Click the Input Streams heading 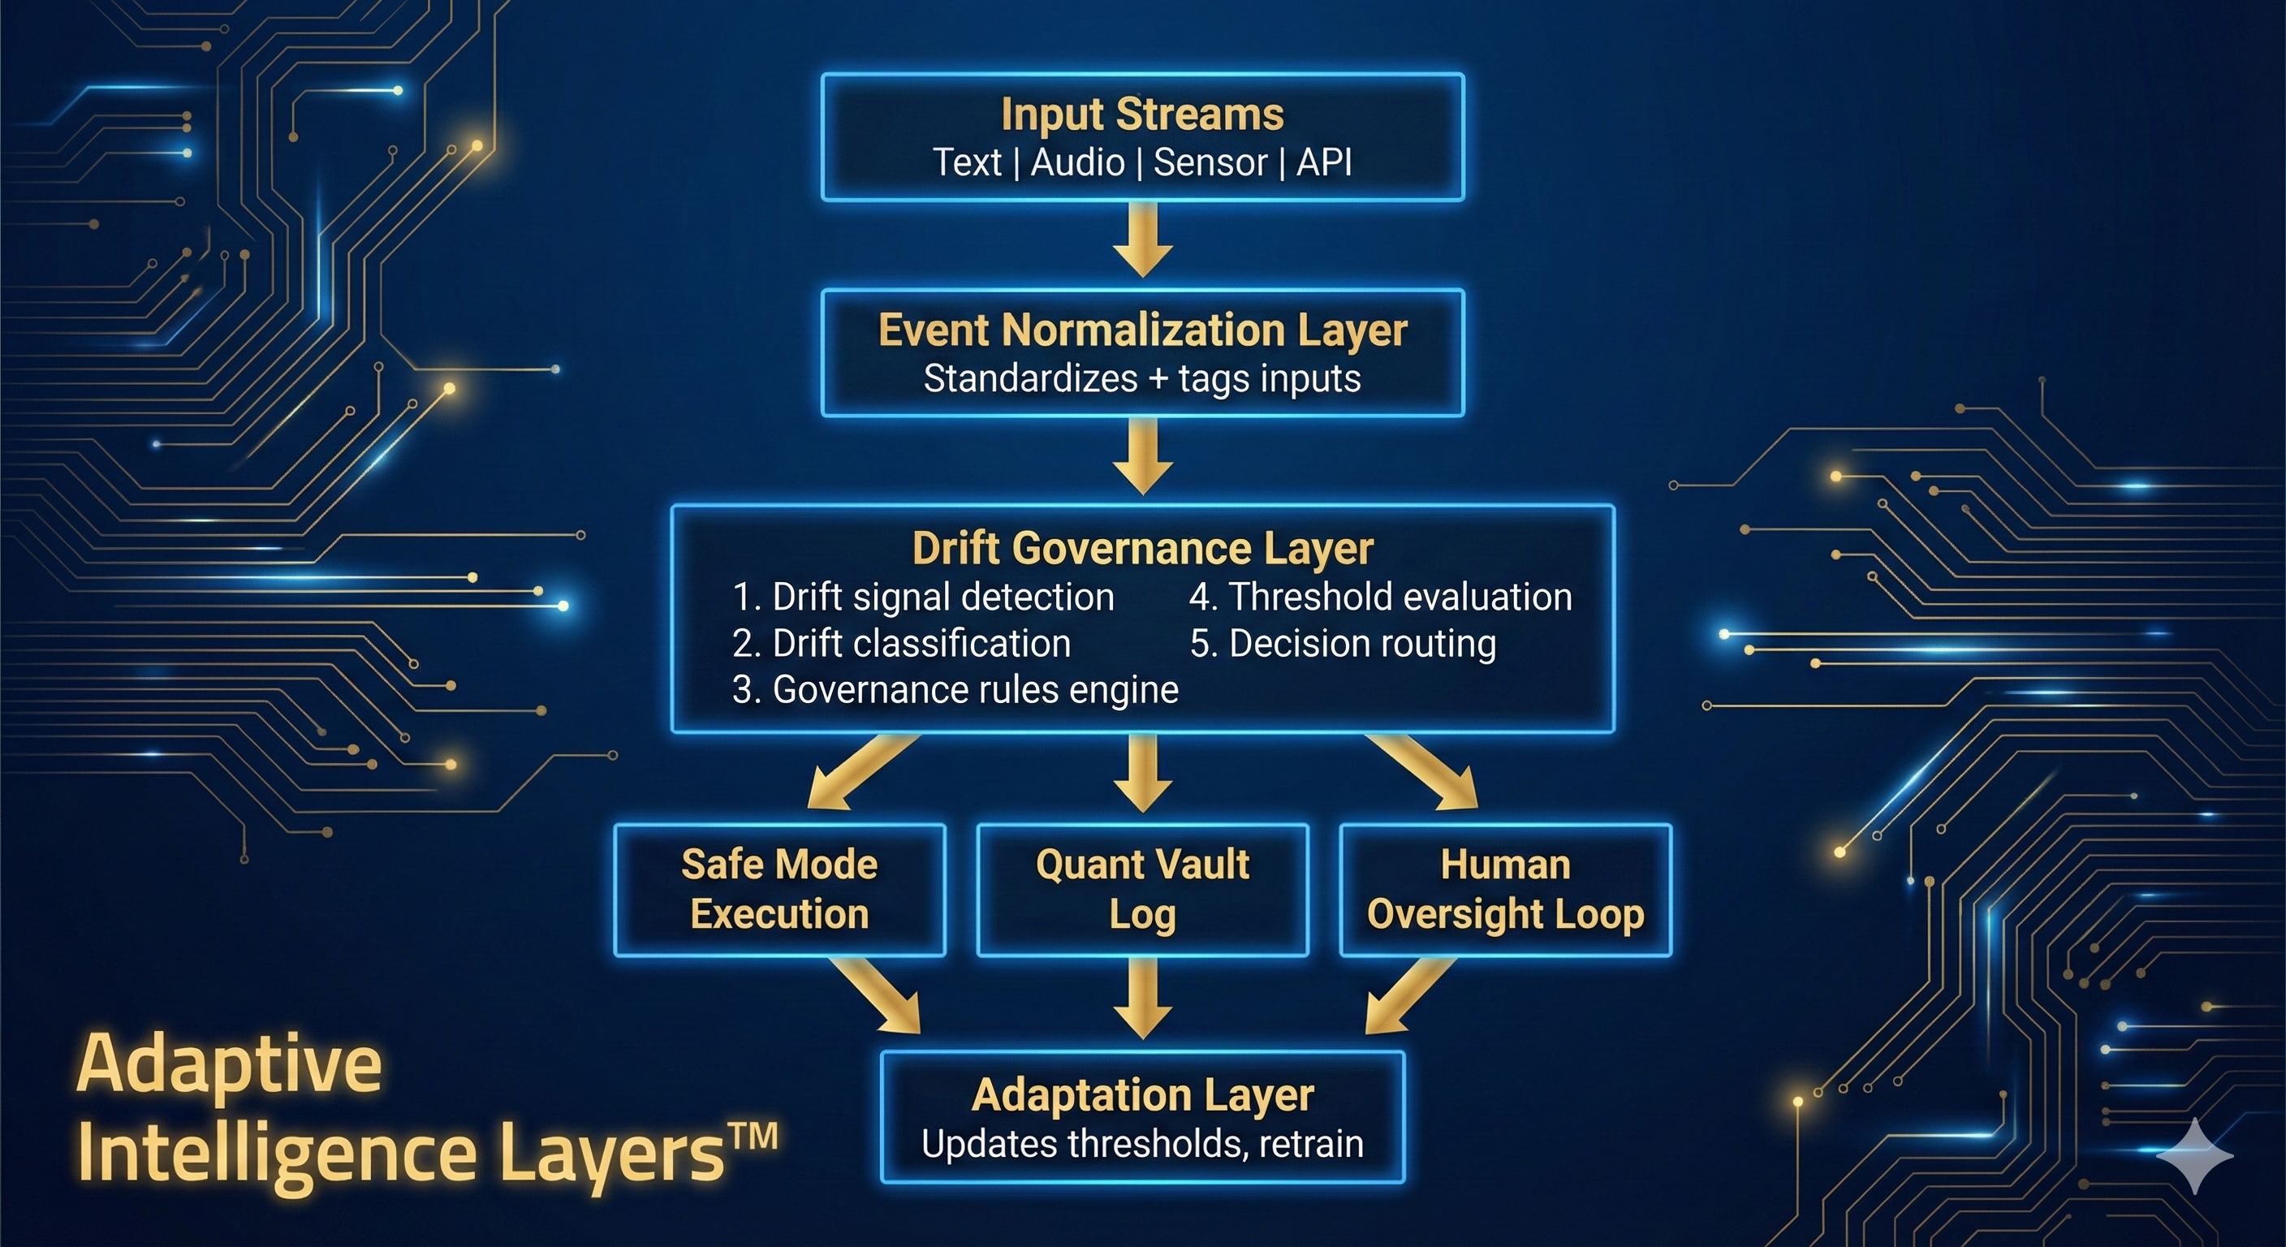tap(1142, 114)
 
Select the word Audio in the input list tap(1077, 162)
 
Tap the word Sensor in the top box tap(1210, 162)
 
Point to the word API tap(1324, 162)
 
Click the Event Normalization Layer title tap(1142, 330)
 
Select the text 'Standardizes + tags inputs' tap(1142, 379)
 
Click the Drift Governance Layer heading tap(1142, 549)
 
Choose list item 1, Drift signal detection tap(923, 598)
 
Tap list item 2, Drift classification tap(902, 644)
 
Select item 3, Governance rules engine tap(955, 689)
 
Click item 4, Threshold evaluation tap(1381, 598)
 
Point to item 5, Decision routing tap(1343, 644)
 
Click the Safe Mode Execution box tap(779, 889)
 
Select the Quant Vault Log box tap(1142, 889)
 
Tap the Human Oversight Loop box tap(1505, 889)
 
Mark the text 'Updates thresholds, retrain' tap(1142, 1144)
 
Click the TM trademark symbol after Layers tap(753, 1137)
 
